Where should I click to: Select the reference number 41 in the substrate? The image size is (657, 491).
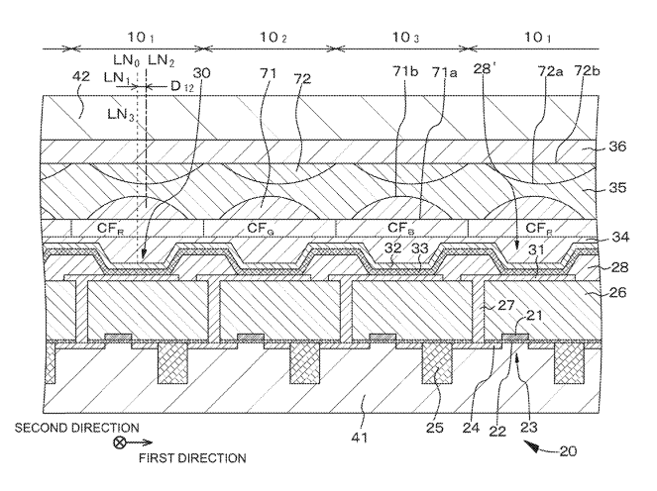click(368, 400)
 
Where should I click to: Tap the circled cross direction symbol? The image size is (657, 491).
click(121, 444)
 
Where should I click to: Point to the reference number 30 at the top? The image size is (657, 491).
click(202, 73)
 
